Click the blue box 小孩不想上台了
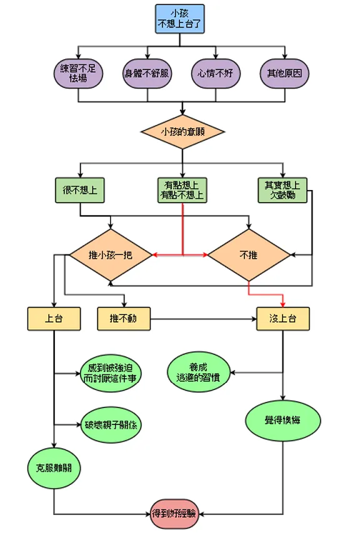pos(179,19)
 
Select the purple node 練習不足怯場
pos(78,73)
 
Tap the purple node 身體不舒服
pos(147,73)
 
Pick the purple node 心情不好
pos(216,73)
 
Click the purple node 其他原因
pos(284,73)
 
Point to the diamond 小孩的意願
pos(182,132)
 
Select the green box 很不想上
pos(80,190)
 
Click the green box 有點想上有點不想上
pos(182,190)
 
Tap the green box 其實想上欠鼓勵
pos(282,190)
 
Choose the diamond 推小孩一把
pos(110,255)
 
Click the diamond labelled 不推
pos(249,255)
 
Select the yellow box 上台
pos(54,319)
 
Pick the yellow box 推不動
pos(124,319)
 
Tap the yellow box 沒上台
pos(283,319)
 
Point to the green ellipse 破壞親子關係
pos(111,425)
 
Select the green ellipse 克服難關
pos(54,467)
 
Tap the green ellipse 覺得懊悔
pos(283,420)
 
